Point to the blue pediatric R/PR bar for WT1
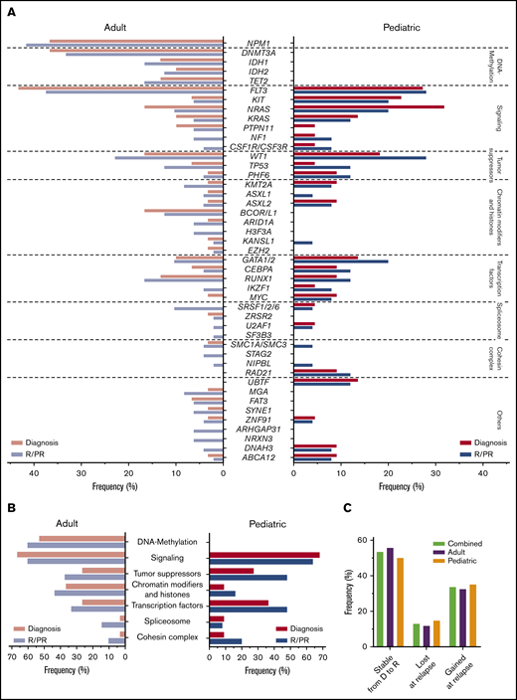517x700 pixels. (359, 157)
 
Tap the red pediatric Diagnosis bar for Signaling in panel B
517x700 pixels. (263, 555)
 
